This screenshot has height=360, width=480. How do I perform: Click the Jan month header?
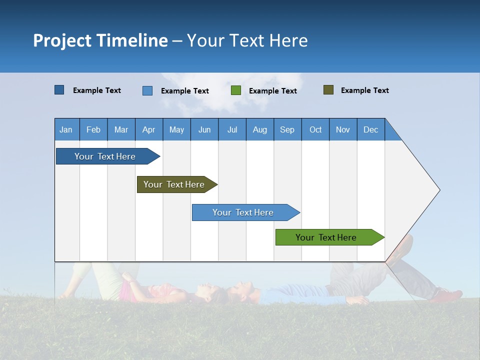tap(66, 129)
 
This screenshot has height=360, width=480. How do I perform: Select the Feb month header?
tap(93, 129)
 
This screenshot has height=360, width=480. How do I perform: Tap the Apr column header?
tap(149, 129)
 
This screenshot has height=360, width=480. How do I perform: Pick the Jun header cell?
tap(204, 129)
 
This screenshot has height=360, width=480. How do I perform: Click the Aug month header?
tap(260, 129)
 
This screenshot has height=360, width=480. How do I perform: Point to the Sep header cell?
tap(287, 129)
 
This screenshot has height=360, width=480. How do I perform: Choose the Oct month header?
tap(315, 129)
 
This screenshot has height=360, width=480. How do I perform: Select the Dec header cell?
tap(371, 129)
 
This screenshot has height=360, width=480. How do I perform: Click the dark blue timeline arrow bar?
tap(105, 156)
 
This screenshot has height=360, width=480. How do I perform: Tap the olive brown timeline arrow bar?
tap(174, 184)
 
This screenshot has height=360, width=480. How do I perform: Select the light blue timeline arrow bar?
tap(243, 212)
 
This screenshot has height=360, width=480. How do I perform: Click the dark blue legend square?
tap(59, 90)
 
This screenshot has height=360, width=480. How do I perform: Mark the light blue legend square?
tap(147, 90)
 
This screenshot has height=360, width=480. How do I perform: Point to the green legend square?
tap(236, 90)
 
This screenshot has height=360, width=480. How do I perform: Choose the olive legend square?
tap(328, 90)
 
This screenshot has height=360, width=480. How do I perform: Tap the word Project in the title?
tap(62, 40)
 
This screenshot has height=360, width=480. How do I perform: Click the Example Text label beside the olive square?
tap(364, 90)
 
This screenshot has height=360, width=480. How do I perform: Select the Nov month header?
tap(343, 129)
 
